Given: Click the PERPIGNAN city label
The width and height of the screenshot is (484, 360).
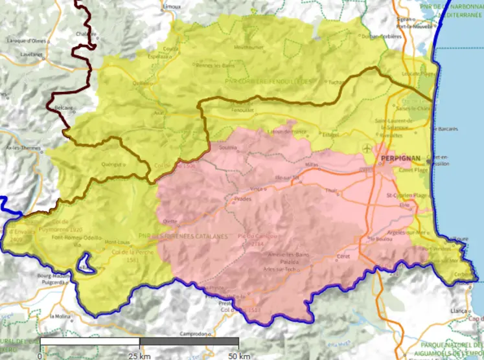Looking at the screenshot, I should click(x=402, y=158).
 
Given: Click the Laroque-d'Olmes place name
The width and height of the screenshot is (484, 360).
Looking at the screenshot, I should click(x=27, y=40).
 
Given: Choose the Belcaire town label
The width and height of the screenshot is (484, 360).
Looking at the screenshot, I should click(x=64, y=107).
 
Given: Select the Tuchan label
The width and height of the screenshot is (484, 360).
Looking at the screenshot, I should click(x=335, y=82).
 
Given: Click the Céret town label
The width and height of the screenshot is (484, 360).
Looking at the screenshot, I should click(x=343, y=257).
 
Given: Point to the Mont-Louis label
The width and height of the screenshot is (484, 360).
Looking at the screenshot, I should click(x=117, y=237).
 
